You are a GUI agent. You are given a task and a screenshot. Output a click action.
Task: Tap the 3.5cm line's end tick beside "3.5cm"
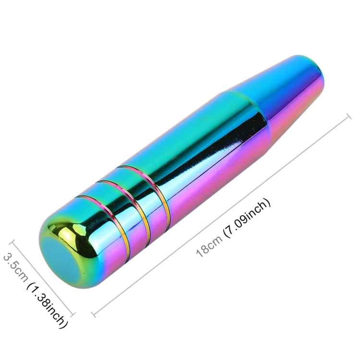pos(13,243)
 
